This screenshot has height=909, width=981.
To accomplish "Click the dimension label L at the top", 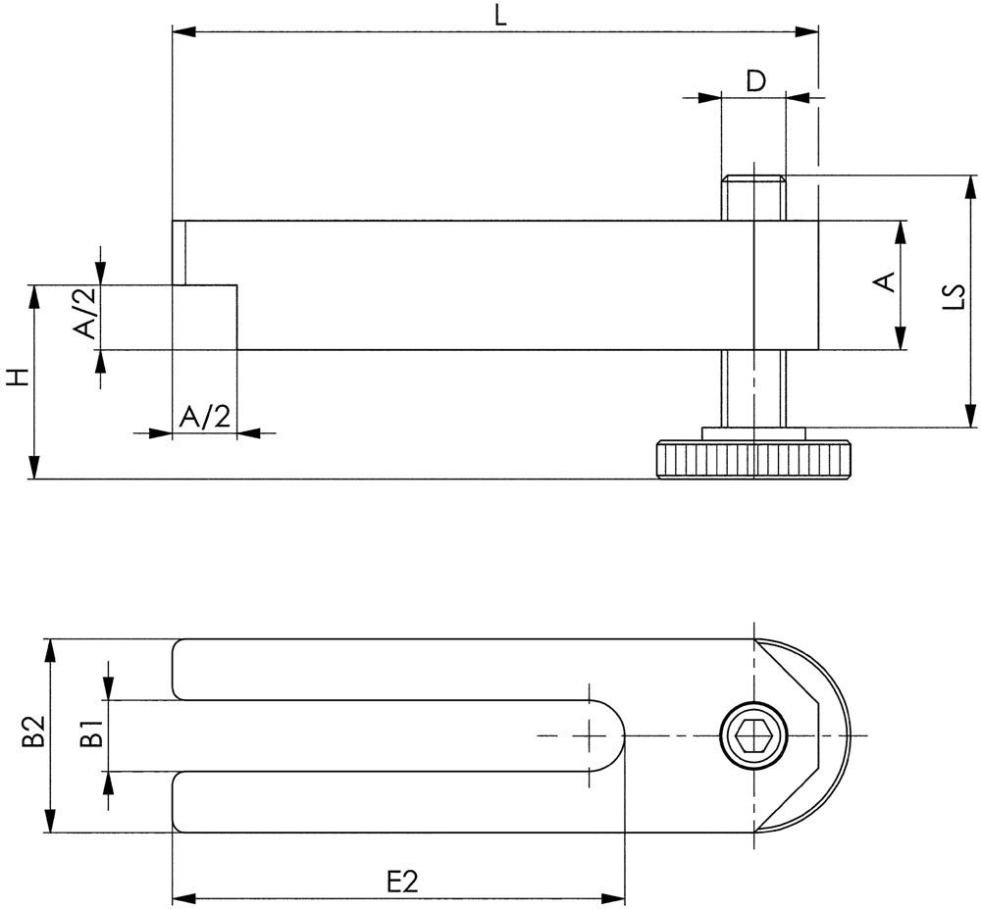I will click(x=501, y=16).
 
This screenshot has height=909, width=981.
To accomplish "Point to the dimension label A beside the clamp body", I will click(x=884, y=282).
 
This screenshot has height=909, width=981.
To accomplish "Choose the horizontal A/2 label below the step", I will click(x=205, y=417).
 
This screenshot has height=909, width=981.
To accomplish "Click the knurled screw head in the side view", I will click(x=753, y=460).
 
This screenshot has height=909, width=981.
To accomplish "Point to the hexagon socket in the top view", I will click(x=753, y=735).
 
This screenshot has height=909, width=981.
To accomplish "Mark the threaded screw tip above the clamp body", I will click(x=753, y=196).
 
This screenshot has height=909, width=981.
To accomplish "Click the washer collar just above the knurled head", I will click(x=753, y=433).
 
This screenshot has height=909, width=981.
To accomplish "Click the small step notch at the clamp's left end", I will click(x=206, y=317).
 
